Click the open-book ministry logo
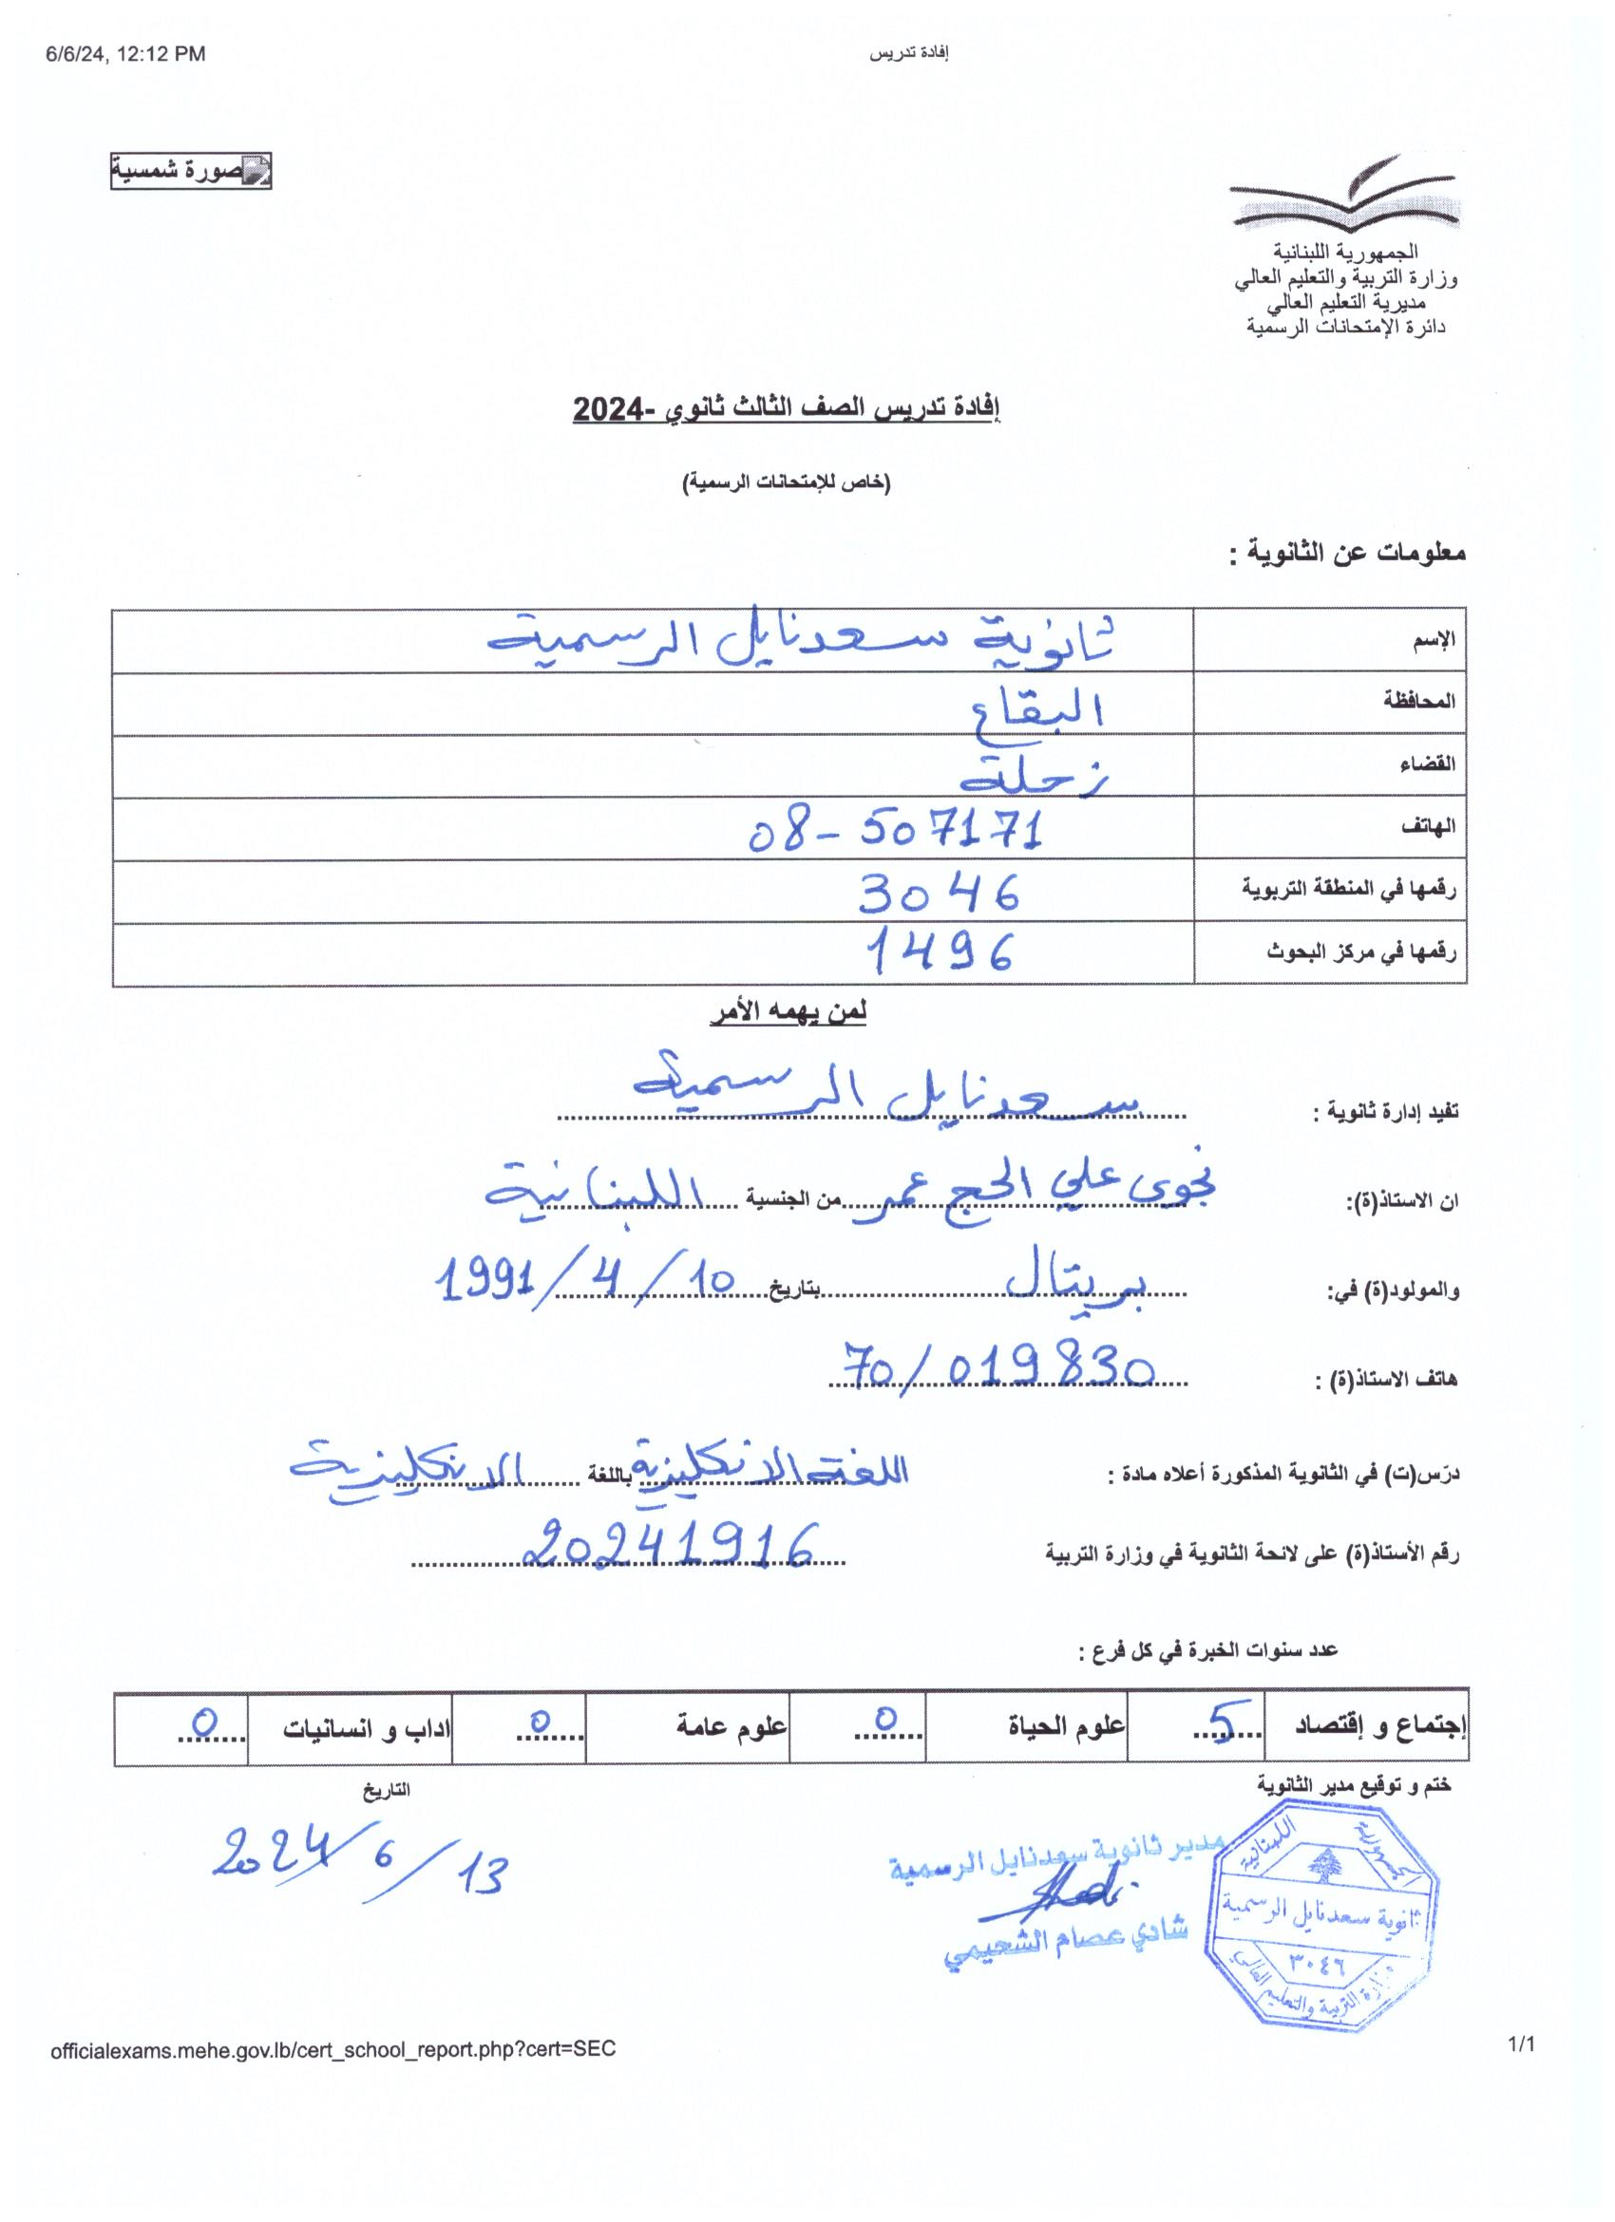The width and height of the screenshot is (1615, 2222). click(1344, 194)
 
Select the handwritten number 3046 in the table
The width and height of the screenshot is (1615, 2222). click(939, 893)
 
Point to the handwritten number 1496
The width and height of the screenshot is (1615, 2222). click(939, 952)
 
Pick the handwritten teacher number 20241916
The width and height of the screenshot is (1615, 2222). click(670, 1546)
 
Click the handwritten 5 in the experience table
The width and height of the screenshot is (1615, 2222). click(1223, 1722)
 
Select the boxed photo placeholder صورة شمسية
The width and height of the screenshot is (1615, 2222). click(190, 172)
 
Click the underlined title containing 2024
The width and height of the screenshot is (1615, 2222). click(786, 408)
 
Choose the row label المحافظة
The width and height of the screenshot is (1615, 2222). click(1418, 702)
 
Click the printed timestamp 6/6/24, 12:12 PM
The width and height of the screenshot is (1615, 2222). click(125, 55)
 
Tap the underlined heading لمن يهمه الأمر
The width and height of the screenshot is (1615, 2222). click(788, 1013)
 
